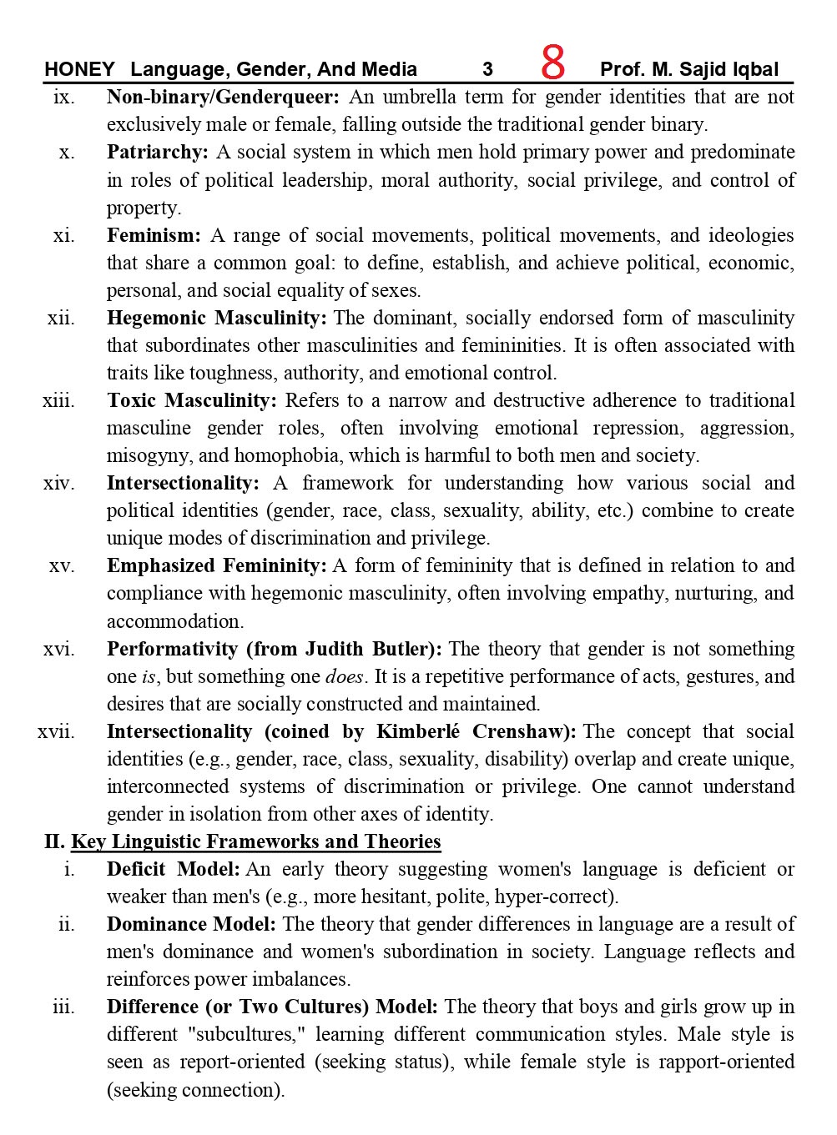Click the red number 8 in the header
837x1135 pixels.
pyautogui.click(x=552, y=63)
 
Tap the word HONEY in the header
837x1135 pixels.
pyautogui.click(x=79, y=69)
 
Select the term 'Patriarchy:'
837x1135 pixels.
pyautogui.click(x=157, y=153)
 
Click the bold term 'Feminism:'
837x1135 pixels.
pyautogui.click(x=154, y=235)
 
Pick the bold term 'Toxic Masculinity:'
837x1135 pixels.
pyautogui.click(x=191, y=400)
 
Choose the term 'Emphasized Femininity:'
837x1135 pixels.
pyautogui.click(x=216, y=565)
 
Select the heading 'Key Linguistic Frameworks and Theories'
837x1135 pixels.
pyautogui.click(x=255, y=841)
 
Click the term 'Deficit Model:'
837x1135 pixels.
pyautogui.click(x=173, y=869)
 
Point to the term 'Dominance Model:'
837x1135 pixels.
pyautogui.click(x=191, y=924)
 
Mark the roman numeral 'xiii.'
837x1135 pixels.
pyautogui.click(x=58, y=400)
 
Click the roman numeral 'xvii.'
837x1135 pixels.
pyautogui.click(x=56, y=731)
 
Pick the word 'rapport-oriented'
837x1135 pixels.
pyautogui.click(x=726, y=1062)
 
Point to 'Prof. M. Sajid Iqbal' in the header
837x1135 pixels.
pyautogui.click(x=689, y=69)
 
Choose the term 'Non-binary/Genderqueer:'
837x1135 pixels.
pyautogui.click(x=223, y=97)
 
